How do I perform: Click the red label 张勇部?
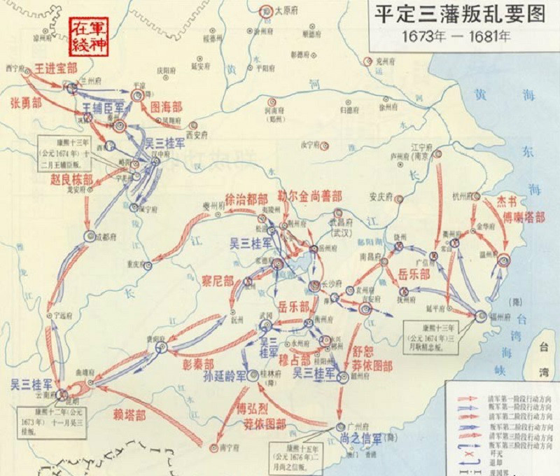pos(25,102)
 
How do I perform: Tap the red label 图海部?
pos(167,107)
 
